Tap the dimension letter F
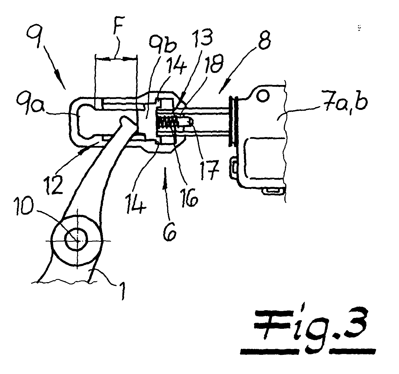click(x=118, y=26)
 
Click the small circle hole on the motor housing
click(x=263, y=96)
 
